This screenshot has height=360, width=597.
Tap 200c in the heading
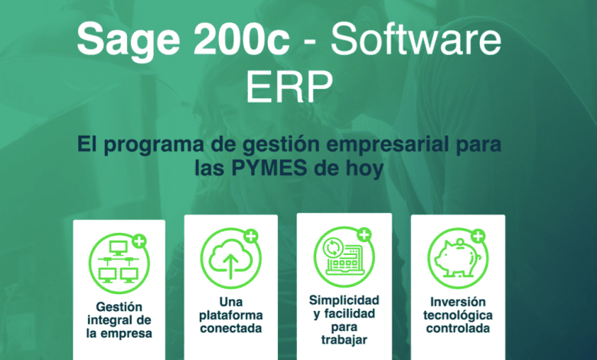coord(242,39)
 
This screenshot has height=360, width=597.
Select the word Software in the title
coord(416,39)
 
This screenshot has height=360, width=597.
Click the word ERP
coord(289,87)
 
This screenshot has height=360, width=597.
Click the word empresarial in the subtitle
coord(382,145)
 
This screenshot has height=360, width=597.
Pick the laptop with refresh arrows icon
coord(344,257)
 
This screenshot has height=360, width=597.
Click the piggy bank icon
coord(457,258)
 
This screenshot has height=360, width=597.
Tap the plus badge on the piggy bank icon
coord(478,237)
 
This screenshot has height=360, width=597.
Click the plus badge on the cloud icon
coord(251,236)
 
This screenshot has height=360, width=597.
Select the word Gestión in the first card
coord(119,307)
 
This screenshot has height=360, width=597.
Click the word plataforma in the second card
coord(230,316)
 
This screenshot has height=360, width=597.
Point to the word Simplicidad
coord(344,300)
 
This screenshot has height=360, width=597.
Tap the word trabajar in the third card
coord(344,340)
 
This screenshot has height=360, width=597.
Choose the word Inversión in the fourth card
coord(458,302)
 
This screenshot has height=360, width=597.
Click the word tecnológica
coord(458,316)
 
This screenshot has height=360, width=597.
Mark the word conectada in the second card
coord(230,329)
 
